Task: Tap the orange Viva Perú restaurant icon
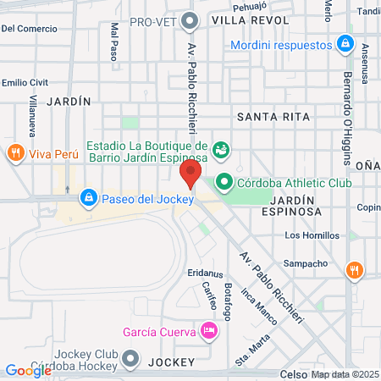point(14,153)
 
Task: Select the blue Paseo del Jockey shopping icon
point(88,199)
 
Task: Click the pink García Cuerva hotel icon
point(208,330)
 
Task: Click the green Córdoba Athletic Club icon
point(224,180)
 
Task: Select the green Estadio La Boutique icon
point(221,149)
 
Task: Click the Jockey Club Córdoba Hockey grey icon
point(130,360)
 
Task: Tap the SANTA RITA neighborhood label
point(269,117)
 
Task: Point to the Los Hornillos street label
point(312,235)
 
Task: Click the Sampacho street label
point(305,263)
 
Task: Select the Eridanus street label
point(206,275)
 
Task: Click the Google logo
point(29,370)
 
